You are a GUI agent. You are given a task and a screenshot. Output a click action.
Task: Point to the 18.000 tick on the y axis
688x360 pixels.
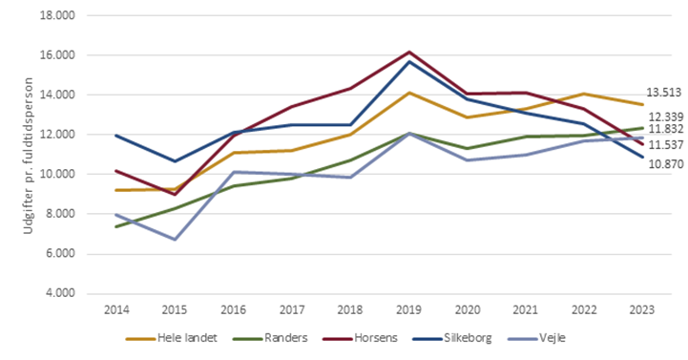tap(59, 16)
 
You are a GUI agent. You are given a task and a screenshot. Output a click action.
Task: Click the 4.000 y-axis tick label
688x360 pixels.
tap(62, 293)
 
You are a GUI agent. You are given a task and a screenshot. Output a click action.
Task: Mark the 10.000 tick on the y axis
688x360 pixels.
tap(59, 175)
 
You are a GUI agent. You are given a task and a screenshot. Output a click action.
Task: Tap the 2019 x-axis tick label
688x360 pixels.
tap(409, 310)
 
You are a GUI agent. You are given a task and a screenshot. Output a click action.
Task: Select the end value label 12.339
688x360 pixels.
tap(664, 116)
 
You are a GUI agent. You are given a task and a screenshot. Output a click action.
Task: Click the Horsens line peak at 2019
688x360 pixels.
tap(409, 52)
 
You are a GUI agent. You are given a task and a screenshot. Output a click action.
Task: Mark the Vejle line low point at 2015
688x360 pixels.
tap(174, 240)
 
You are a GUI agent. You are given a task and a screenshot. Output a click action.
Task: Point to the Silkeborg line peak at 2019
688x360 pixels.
tap(409, 61)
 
